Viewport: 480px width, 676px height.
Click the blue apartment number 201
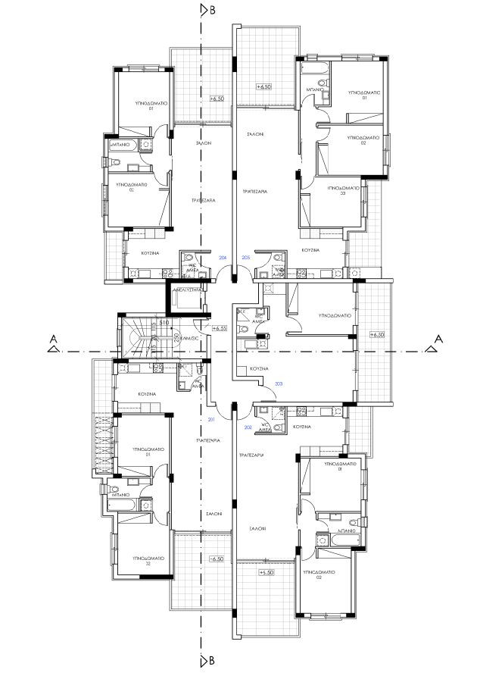pyautogui.click(x=211, y=419)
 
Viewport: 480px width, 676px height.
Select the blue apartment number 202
pyautogui.click(x=248, y=427)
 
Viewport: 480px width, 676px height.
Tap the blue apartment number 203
pyautogui.click(x=279, y=383)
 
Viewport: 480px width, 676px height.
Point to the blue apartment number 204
pyautogui.click(x=223, y=258)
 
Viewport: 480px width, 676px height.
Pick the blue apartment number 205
pyautogui.click(x=245, y=258)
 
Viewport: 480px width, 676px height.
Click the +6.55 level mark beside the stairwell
pyautogui.click(x=220, y=328)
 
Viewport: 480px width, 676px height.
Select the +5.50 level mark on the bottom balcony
pyautogui.click(x=265, y=573)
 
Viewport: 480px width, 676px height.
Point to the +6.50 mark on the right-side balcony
pyautogui.click(x=376, y=334)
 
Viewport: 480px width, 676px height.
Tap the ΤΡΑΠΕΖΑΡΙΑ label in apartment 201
pyautogui.click(x=206, y=440)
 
